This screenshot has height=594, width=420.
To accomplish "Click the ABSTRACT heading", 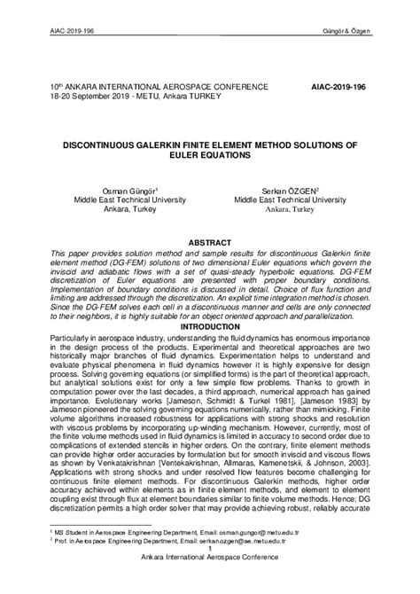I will point(209,241).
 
